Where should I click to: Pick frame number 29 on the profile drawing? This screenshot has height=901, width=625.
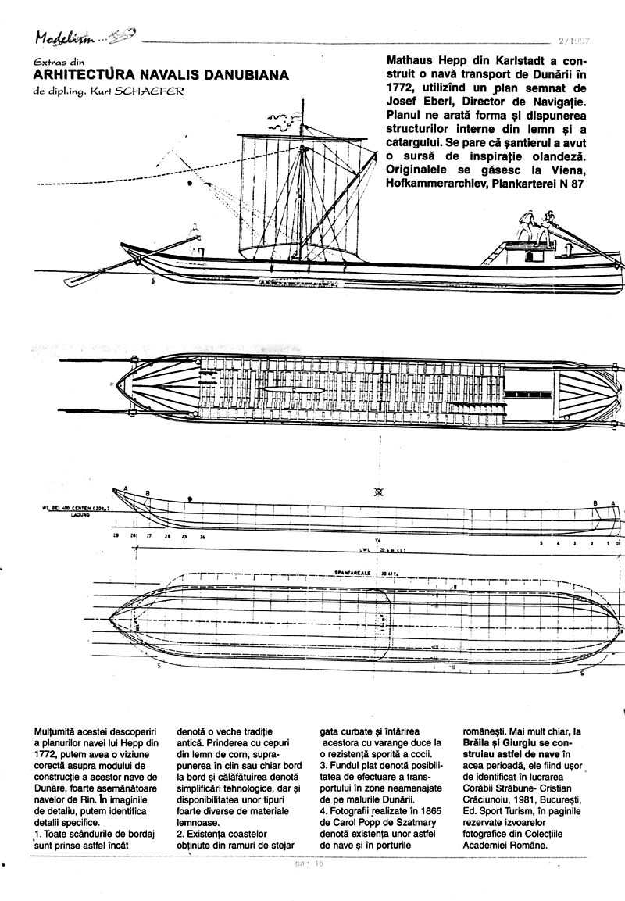[115, 538]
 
